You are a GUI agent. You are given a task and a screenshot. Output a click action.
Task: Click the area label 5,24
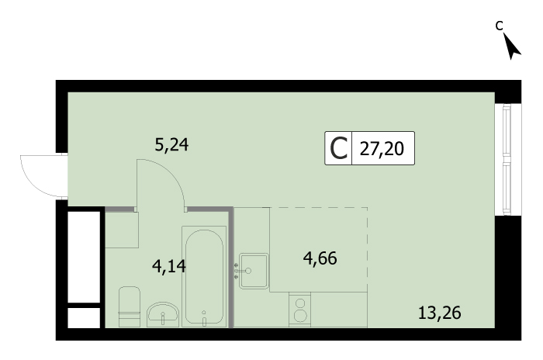click(171, 144)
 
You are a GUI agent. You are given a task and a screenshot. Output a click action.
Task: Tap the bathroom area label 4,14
click(169, 266)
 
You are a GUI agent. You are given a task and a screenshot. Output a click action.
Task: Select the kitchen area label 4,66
click(320, 258)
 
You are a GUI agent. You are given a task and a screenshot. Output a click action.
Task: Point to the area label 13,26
click(440, 313)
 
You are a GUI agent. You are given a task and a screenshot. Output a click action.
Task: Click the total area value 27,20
click(382, 149)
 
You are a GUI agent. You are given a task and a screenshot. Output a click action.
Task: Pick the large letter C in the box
click(338, 148)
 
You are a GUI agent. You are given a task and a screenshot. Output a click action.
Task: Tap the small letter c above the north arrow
click(499, 26)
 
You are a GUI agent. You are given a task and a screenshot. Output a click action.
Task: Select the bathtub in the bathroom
click(204, 276)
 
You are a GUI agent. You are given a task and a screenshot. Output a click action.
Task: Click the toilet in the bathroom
click(130, 306)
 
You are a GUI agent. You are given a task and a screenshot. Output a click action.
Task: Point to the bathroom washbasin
click(163, 314)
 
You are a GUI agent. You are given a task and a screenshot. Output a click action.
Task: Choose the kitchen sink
click(254, 271)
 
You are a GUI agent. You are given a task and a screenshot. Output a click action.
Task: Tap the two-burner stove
click(299, 310)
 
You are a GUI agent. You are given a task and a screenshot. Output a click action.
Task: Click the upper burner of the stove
click(300, 303)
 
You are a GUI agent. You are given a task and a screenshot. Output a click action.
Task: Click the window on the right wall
click(507, 159)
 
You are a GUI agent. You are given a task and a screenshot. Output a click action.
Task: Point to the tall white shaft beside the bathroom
click(84, 257)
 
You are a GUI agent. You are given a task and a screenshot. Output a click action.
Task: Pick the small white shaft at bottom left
click(84, 317)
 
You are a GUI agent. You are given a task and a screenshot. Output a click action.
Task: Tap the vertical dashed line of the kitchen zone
click(368, 250)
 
